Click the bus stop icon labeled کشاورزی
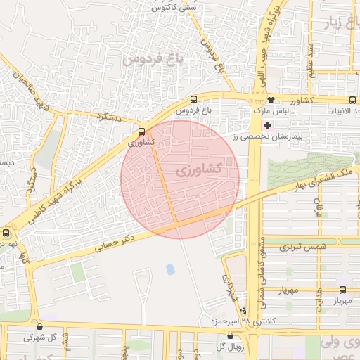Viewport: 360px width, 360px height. pos(143,131)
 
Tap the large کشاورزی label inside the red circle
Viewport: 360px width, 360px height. pos(197,169)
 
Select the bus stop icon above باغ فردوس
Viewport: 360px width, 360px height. pos(194,100)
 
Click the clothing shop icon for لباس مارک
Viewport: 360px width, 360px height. pos(270,100)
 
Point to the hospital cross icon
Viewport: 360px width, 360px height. pos(267,124)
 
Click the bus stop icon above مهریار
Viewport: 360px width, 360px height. pos(343,290)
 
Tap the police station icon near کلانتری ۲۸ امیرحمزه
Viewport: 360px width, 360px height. pos(244,310)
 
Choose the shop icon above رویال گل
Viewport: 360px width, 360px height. pos(231,336)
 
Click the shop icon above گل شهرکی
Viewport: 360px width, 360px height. pos(39,327)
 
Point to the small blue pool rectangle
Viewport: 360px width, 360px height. pos(171,269)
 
